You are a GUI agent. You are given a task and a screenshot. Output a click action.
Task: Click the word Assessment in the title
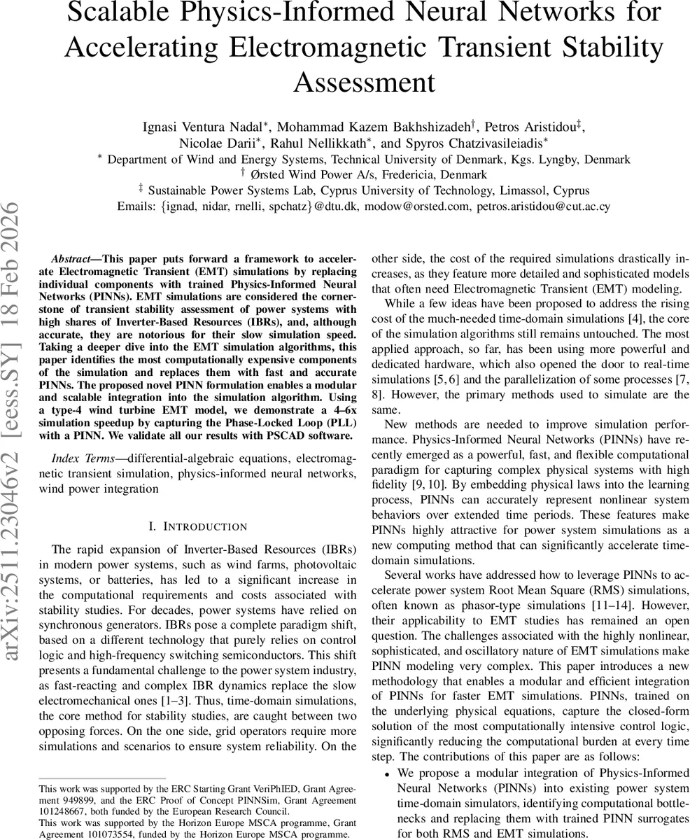click(364, 82)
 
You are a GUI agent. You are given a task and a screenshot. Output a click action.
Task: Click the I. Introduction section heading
click(198, 526)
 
